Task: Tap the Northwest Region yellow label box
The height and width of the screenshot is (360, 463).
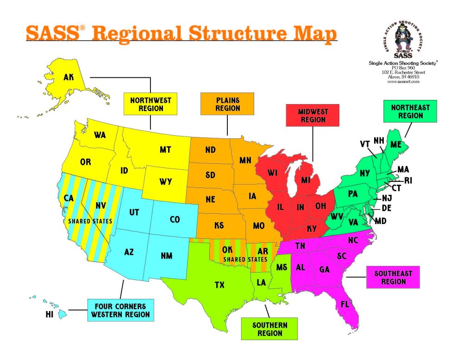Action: pyautogui.click(x=150, y=104)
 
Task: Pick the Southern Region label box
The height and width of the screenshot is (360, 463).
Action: pyautogui.click(x=269, y=329)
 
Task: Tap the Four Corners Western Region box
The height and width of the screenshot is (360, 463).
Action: pyautogui.click(x=120, y=310)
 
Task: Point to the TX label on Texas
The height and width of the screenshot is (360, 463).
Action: pyautogui.click(x=219, y=285)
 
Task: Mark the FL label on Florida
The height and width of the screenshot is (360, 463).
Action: pyautogui.click(x=345, y=305)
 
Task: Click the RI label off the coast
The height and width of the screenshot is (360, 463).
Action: pyautogui.click(x=408, y=180)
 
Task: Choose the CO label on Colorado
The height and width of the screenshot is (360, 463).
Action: pyautogui.click(x=175, y=220)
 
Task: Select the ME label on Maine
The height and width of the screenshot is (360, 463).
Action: pyautogui.click(x=396, y=145)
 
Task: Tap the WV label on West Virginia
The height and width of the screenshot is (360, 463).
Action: pyautogui.click(x=336, y=217)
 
